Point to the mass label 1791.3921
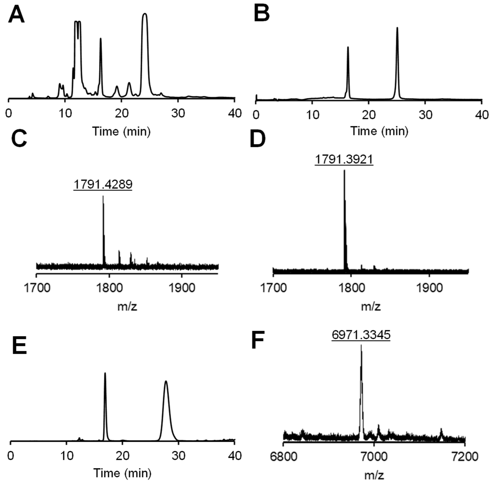pyautogui.click(x=344, y=160)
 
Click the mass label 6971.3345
pyautogui.click(x=361, y=335)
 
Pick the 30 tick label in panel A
pyautogui.click(x=178, y=113)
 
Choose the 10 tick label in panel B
pyautogui.click(x=312, y=115)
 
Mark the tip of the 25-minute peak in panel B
pyautogui.click(x=397, y=28)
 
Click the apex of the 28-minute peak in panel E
pyautogui.click(x=166, y=381)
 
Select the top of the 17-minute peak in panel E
pyautogui.click(x=105, y=373)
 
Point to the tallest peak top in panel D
pyautogui.click(x=344, y=170)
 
